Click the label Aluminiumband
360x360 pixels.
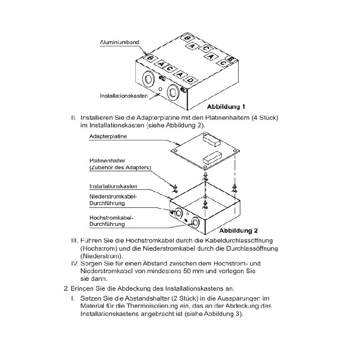tap(119, 42)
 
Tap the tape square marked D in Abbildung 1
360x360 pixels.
tap(192, 80)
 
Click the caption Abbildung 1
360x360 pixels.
tap(226, 107)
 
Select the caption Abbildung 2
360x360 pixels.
tap(238, 230)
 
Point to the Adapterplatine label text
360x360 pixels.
tap(108, 136)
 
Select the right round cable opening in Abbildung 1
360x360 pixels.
tap(173, 93)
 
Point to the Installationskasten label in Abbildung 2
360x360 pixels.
tap(113, 186)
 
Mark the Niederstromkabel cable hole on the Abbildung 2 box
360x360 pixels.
tap(178, 212)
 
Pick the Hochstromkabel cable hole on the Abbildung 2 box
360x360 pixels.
tap(195, 222)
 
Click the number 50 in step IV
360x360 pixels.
tap(189, 271)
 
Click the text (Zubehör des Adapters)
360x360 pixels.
tap(120, 167)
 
